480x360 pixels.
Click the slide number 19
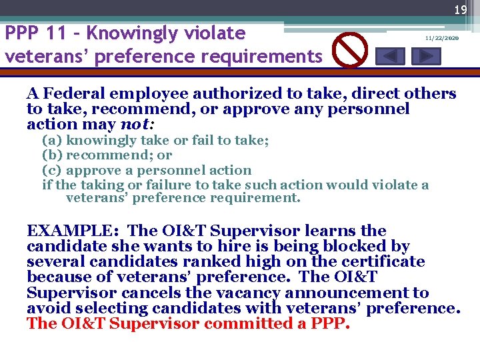pyautogui.click(x=460, y=10)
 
